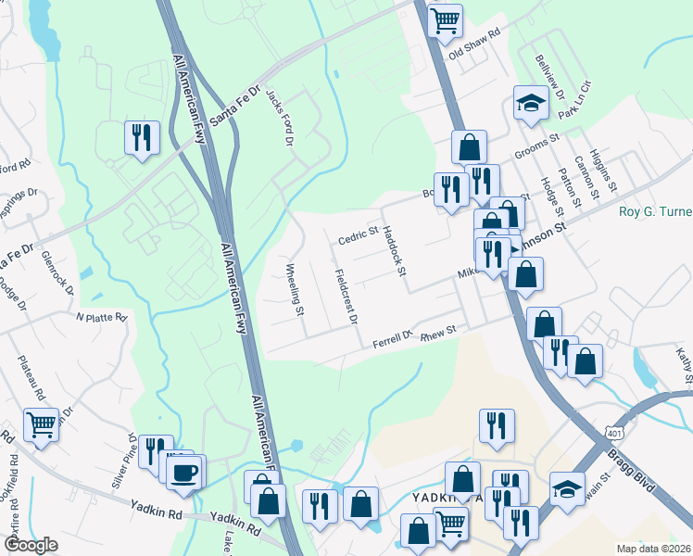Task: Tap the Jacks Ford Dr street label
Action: (279, 118)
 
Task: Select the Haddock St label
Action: (396, 251)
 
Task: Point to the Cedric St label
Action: (359, 235)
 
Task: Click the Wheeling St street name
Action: (296, 287)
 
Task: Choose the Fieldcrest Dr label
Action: (347, 297)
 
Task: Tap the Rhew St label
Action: (439, 331)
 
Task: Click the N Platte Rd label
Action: (101, 317)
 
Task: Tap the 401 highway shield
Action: (615, 433)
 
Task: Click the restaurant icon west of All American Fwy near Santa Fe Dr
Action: (142, 137)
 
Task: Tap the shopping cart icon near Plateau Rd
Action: (41, 424)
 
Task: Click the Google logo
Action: (31, 545)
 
